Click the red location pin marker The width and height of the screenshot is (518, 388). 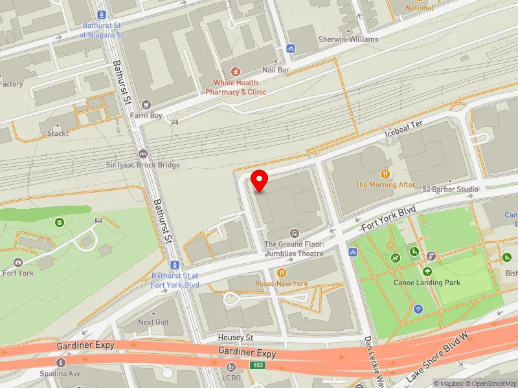click(x=259, y=180)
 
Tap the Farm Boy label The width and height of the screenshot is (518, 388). click(x=145, y=116)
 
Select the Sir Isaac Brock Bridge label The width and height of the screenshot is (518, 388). click(x=143, y=165)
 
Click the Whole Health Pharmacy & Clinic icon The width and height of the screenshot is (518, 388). click(x=236, y=70)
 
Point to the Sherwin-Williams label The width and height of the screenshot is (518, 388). click(x=349, y=39)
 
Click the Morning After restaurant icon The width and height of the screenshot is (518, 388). click(x=385, y=173)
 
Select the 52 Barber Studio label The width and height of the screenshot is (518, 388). click(x=450, y=189)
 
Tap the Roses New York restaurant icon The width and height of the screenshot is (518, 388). click(x=282, y=273)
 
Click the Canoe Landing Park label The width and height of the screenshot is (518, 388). click(x=427, y=283)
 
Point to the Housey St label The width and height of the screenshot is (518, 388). click(x=235, y=338)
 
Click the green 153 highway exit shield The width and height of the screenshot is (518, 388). click(x=258, y=366)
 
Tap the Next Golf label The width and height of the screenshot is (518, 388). click(x=154, y=322)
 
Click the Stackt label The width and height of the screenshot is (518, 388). click(x=58, y=134)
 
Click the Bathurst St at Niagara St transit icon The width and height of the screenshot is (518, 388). click(x=102, y=14)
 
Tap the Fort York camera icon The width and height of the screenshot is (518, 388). click(x=17, y=262)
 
